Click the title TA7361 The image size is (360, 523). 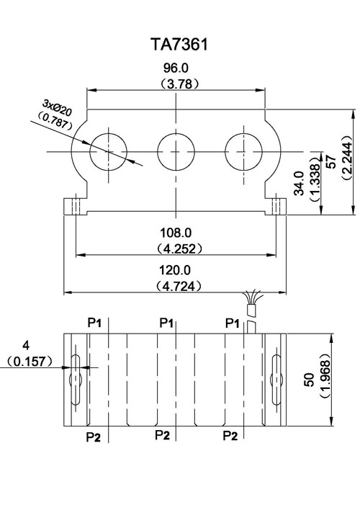(x=179, y=45)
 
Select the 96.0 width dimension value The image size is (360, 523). (x=176, y=68)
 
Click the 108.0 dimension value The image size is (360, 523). (x=176, y=233)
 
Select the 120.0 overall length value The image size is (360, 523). (x=175, y=270)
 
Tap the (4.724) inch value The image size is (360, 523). (x=179, y=286)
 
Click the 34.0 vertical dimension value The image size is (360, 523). (x=299, y=183)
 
